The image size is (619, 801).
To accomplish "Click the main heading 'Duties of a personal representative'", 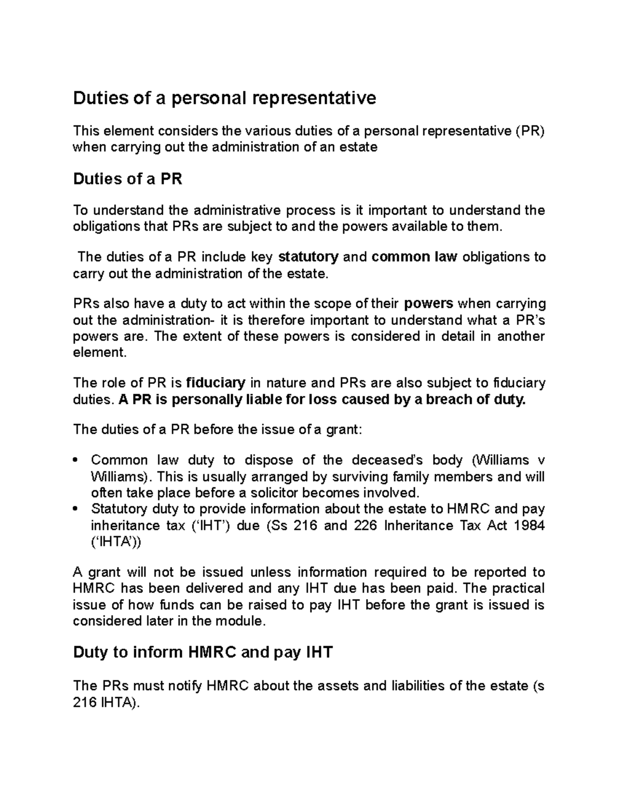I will pyautogui.click(x=224, y=97).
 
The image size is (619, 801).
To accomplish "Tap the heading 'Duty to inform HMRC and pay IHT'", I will pyautogui.click(x=203, y=652).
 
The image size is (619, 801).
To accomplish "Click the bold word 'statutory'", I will pyautogui.click(x=308, y=257).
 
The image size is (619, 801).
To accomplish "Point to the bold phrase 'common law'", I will pyautogui.click(x=414, y=257).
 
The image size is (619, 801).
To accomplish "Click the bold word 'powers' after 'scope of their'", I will pyautogui.click(x=429, y=303).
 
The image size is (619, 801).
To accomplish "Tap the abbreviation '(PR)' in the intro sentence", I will pyautogui.click(x=530, y=131).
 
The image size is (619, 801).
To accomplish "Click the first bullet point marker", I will pyautogui.click(x=76, y=461).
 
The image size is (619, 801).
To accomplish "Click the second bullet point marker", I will pyautogui.click(x=76, y=510).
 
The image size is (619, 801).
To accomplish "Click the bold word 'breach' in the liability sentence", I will pyautogui.click(x=448, y=399).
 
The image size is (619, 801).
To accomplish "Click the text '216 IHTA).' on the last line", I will pyautogui.click(x=107, y=702).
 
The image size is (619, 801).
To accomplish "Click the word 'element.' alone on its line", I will pyautogui.click(x=99, y=353).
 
